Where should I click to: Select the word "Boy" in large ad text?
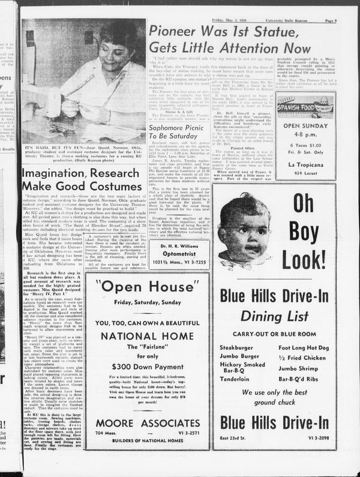click(304, 230)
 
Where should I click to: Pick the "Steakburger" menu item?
click(236, 347)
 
